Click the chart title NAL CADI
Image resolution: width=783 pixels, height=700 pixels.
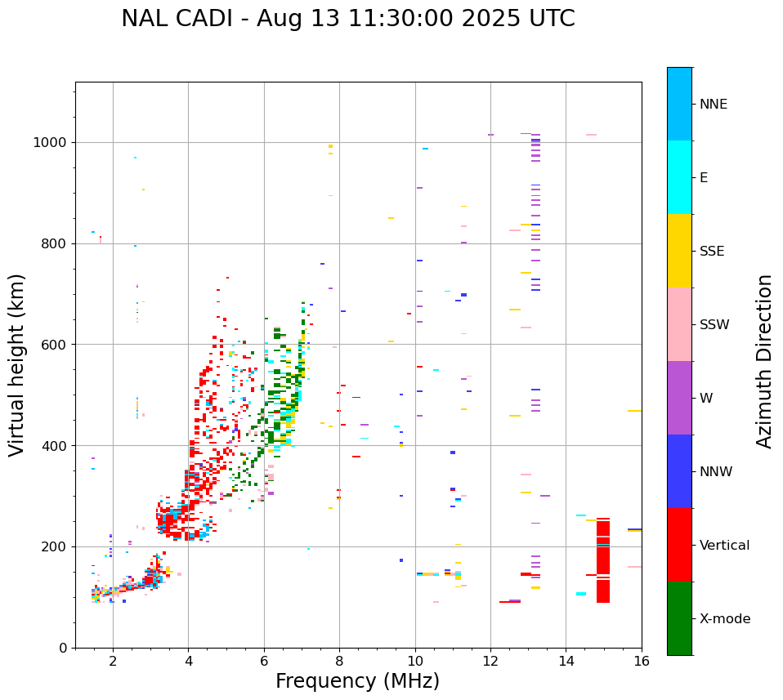(347, 19)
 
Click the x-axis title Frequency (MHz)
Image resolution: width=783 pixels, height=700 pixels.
(357, 681)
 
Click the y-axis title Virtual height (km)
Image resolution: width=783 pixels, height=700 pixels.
(17, 365)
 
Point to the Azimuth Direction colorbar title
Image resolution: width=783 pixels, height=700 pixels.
(764, 361)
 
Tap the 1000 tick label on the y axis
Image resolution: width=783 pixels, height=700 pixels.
(51, 142)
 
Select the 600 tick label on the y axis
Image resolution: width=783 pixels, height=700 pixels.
(55, 345)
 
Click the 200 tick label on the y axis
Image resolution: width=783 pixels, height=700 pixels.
(55, 546)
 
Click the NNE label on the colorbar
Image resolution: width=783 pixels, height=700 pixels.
(713, 105)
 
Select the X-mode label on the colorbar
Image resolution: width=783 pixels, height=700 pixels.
(724, 619)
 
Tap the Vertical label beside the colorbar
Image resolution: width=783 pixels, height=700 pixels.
(724, 546)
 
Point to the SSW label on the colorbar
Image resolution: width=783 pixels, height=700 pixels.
(714, 325)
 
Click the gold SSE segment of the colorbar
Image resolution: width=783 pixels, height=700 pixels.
(679, 251)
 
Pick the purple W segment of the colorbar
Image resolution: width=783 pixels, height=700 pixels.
(679, 398)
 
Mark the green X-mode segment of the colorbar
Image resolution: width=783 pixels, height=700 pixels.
(679, 618)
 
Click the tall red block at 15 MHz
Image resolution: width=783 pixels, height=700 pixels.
(603, 560)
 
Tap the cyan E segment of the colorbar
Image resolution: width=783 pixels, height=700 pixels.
(679, 177)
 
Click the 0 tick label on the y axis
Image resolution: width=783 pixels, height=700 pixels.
(63, 648)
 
